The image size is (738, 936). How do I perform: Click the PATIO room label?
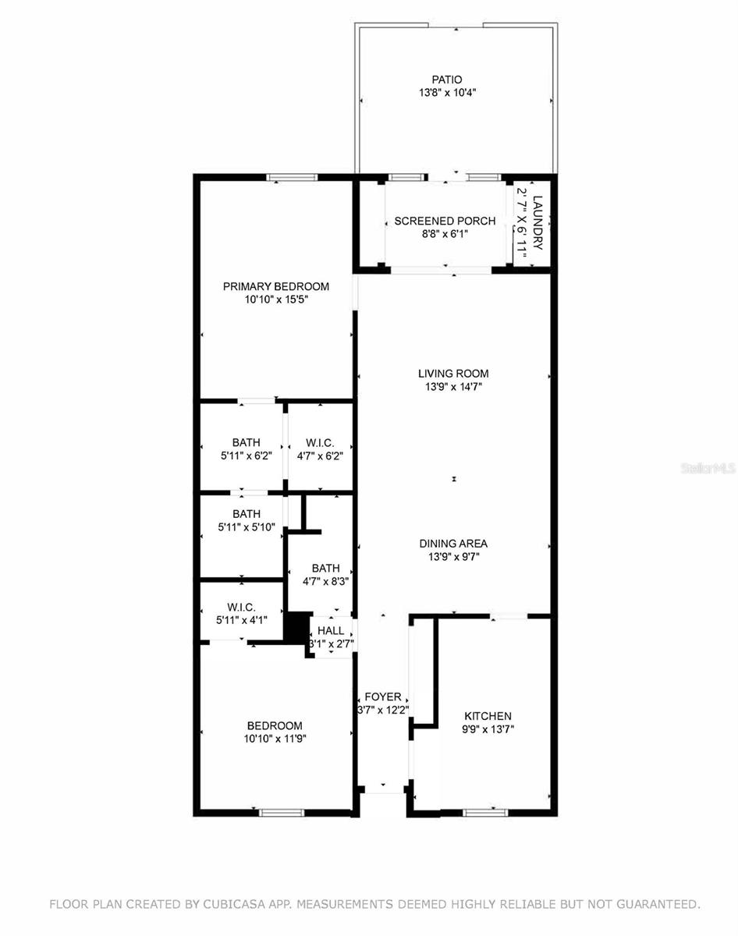tap(447, 80)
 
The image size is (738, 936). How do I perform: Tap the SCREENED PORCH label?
tap(445, 221)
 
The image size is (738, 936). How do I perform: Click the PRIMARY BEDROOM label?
tap(276, 286)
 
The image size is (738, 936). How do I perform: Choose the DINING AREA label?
tap(453, 544)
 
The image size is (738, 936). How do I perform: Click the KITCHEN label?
tap(488, 716)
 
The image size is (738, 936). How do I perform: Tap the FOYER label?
tap(383, 697)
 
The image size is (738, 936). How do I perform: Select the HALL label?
tap(331, 630)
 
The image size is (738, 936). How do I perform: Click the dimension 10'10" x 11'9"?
tap(275, 738)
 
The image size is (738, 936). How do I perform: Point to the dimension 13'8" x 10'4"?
tap(447, 92)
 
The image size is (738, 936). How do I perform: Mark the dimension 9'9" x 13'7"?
tap(488, 729)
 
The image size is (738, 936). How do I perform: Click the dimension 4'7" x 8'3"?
tap(325, 580)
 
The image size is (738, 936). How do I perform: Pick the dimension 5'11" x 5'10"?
tap(246, 526)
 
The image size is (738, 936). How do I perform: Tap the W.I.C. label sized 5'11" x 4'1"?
tap(242, 608)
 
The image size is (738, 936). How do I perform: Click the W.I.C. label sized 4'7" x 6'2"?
tap(320, 443)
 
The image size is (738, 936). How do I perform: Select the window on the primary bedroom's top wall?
tap(293, 178)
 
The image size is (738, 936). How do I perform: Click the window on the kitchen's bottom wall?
tap(484, 812)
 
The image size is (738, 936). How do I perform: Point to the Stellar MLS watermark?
tap(708, 469)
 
